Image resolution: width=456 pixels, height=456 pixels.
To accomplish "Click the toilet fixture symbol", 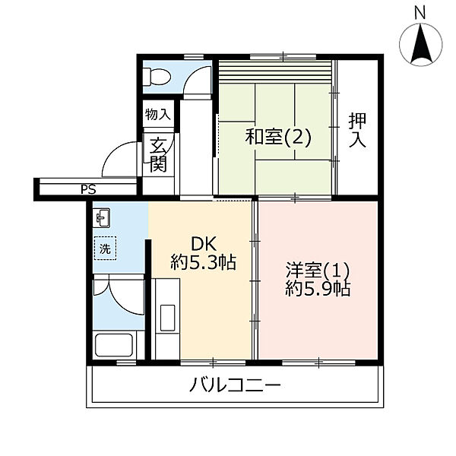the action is (x=157, y=77).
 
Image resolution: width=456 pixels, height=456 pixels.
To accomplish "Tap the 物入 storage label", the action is (x=157, y=114).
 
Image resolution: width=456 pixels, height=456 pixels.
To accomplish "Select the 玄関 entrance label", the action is (x=158, y=155).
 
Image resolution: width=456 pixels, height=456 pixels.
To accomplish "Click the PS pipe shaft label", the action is (x=88, y=189).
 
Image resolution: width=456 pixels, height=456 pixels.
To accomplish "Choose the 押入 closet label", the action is (x=357, y=130).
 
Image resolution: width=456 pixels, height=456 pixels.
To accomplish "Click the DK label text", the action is (x=204, y=244).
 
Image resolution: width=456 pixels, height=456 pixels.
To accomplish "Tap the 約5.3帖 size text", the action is (x=203, y=262).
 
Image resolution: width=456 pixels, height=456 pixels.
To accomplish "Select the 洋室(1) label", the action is (x=318, y=270).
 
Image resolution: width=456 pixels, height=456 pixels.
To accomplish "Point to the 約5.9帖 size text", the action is (x=318, y=289).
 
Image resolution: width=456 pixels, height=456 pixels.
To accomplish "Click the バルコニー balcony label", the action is (x=235, y=385).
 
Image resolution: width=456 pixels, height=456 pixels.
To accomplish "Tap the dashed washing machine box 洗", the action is (x=105, y=248).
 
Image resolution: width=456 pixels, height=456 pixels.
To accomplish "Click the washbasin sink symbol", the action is (x=101, y=217).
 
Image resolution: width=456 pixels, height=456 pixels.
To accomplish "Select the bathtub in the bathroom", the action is (x=114, y=345).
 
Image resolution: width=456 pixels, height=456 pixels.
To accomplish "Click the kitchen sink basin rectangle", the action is (x=167, y=318).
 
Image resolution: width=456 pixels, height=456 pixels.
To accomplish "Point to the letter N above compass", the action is (x=420, y=13).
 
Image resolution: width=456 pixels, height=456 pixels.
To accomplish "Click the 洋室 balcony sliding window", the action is (x=318, y=363).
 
